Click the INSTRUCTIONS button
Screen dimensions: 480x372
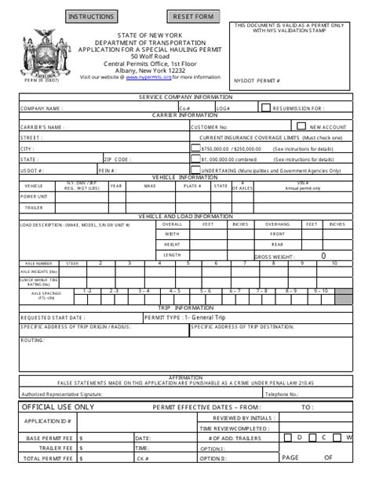92,16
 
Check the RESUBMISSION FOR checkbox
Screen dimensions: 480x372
266,107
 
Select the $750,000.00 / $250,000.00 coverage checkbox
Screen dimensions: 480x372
195,147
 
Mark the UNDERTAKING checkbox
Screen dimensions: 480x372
195,168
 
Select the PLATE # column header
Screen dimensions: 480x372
191,186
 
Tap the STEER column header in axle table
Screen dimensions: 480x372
72,263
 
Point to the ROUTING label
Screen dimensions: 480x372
32,340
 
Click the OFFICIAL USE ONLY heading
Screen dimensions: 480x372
57,407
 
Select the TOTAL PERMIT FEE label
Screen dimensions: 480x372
43,458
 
